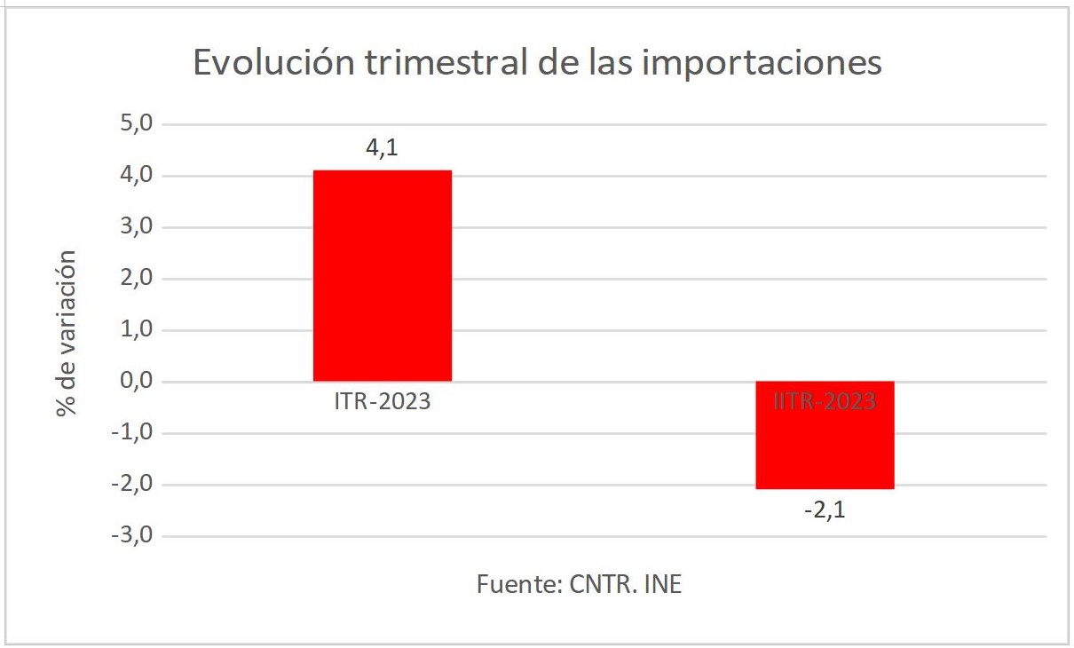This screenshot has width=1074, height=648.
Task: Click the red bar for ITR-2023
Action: pyautogui.click(x=383, y=275)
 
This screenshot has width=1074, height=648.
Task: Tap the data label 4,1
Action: pyautogui.click(x=383, y=148)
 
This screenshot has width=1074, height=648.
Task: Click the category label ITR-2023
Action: pyautogui.click(x=383, y=402)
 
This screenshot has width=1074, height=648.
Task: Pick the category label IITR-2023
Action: pyautogui.click(x=825, y=402)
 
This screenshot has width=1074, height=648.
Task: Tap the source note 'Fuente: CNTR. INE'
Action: pyautogui.click(x=580, y=585)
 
